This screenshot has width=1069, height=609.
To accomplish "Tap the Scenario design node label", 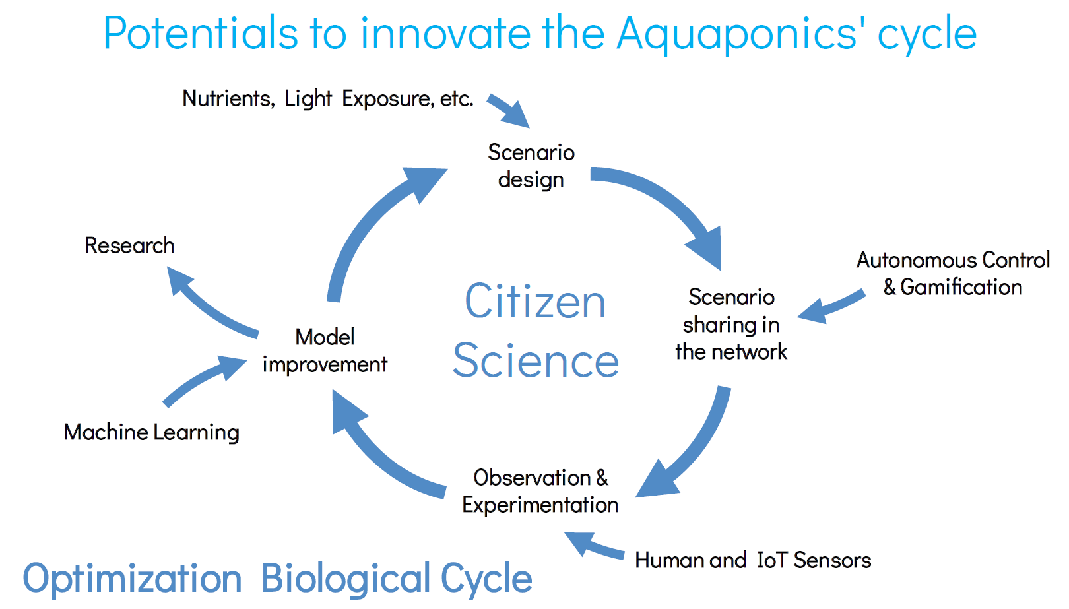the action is click(531, 166).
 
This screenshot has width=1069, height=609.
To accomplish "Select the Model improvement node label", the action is click(325, 351).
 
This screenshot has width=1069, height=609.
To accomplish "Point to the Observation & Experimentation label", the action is click(540, 491).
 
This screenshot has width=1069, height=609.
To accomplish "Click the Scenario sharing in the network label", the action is click(731, 325).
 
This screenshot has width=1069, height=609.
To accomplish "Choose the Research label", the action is click(129, 245).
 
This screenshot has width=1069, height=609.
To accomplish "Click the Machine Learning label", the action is click(151, 432).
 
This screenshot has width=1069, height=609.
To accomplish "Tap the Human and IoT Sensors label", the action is click(753, 560).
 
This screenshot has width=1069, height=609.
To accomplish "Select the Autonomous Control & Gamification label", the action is click(953, 273).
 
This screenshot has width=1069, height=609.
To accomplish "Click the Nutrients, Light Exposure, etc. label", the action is click(328, 99).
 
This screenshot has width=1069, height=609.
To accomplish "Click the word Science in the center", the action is click(535, 360).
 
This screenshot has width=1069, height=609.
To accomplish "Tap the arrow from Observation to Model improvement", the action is click(377, 453).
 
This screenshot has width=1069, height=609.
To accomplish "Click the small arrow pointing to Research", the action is click(205, 305).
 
